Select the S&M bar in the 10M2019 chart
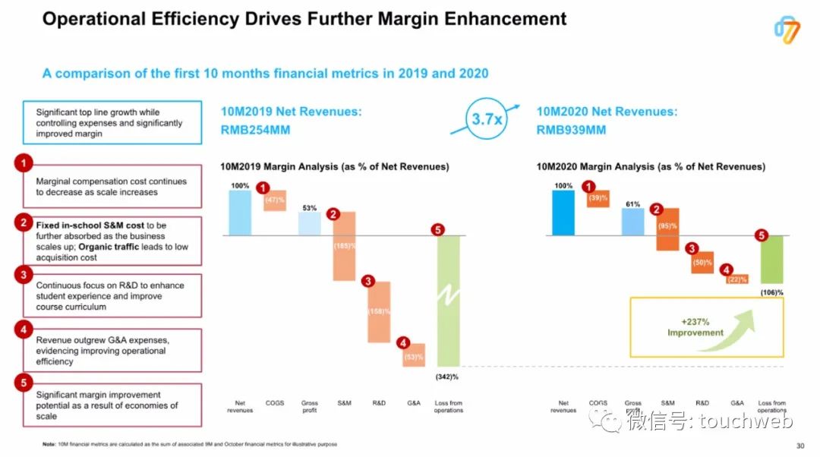click(x=344, y=246)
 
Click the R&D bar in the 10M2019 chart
click(x=378, y=311)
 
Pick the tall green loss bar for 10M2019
click(x=449, y=301)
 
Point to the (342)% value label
click(x=449, y=377)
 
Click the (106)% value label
click(x=771, y=292)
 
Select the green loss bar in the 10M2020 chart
click(x=771, y=259)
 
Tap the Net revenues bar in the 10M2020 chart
click(x=563, y=213)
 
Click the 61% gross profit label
click(x=632, y=203)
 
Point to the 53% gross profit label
click(x=309, y=207)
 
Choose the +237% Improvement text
click(x=695, y=327)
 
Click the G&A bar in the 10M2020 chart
click(x=736, y=279)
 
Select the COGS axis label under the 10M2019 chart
click(x=275, y=402)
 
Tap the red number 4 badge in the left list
click(x=24, y=330)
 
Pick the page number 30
click(x=799, y=446)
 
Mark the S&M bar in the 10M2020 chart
click(x=667, y=229)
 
